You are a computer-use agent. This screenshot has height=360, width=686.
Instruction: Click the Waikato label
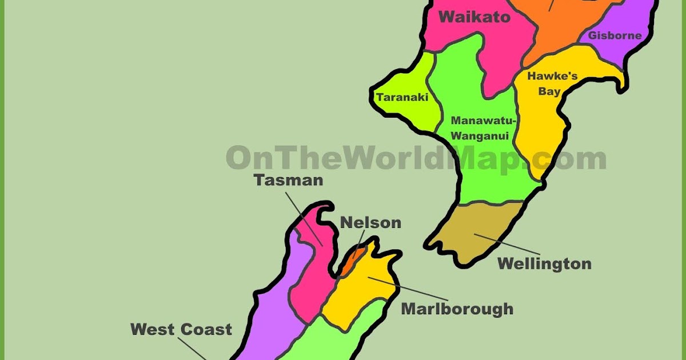(474, 17)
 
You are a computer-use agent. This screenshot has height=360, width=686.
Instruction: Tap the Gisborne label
(615, 35)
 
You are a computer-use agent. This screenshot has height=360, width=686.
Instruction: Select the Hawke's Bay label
(544, 83)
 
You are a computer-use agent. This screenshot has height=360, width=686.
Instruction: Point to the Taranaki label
(402, 97)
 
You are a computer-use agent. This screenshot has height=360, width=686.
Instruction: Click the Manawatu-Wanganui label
(484, 128)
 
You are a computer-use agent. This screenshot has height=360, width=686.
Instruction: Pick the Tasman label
(289, 180)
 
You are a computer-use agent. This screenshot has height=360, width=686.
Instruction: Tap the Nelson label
(370, 222)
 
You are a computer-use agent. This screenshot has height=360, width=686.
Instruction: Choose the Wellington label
(544, 263)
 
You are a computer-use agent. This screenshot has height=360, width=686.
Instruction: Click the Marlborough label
(457, 309)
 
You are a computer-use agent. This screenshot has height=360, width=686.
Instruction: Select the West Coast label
(181, 329)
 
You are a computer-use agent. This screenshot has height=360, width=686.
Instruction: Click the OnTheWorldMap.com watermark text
(416, 158)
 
